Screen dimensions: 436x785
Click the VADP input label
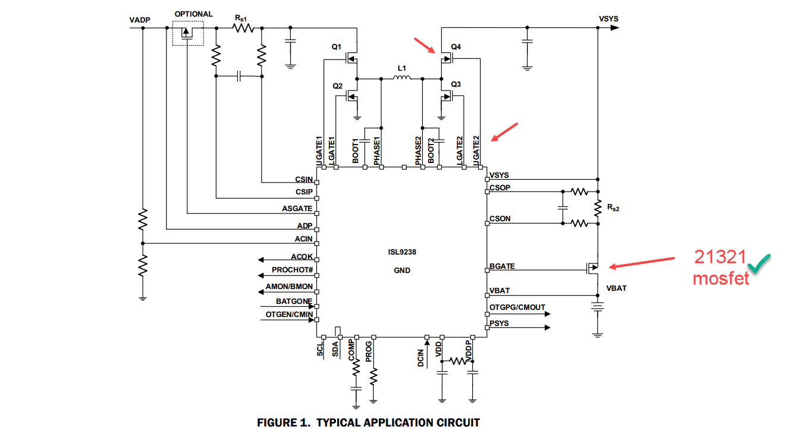tap(140, 20)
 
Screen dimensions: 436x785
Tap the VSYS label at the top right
tap(608, 18)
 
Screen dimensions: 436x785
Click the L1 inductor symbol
tap(402, 77)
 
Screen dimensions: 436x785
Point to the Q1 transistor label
tap(337, 46)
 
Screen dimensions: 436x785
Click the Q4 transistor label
tap(456, 46)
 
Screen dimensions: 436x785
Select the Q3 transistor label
tap(456, 85)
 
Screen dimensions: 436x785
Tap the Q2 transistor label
tap(338, 86)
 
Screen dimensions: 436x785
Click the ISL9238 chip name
tap(403, 252)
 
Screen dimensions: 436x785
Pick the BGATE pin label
tap(502, 266)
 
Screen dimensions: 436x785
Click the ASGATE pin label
tap(297, 209)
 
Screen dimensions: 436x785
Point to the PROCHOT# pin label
tap(292, 270)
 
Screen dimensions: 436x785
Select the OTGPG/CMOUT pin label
tap(517, 308)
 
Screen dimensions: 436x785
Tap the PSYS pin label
tap(499, 324)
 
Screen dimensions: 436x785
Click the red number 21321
tap(720, 257)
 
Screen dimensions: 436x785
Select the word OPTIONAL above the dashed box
tap(193, 14)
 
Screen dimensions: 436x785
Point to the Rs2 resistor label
tap(613, 207)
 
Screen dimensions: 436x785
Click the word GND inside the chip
tap(402, 270)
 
